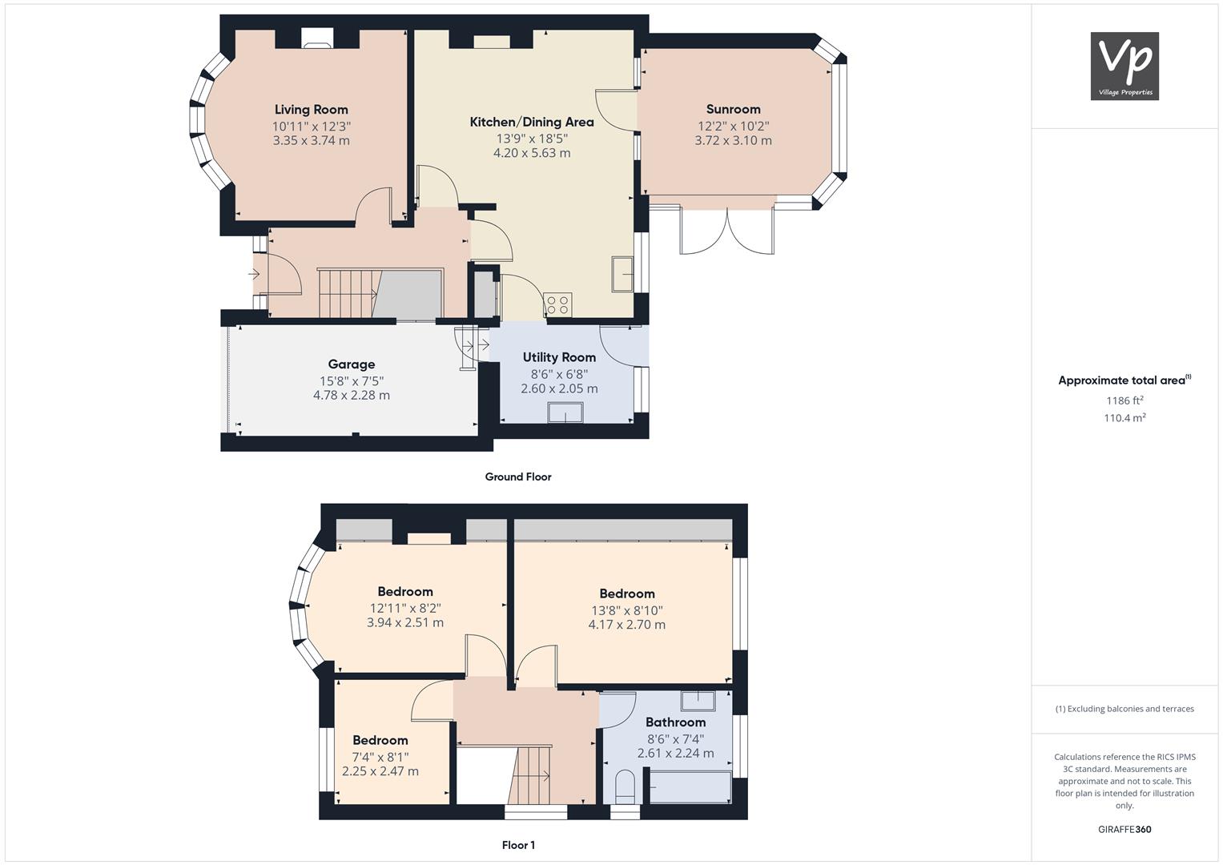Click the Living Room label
(312, 110)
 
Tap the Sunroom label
(734, 109)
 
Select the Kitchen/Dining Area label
(532, 122)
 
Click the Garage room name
(351, 364)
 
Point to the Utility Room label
(559, 357)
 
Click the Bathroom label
(675, 722)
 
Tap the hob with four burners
(557, 304)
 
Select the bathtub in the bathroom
(690, 787)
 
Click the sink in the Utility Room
(565, 412)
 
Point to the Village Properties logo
(1124, 66)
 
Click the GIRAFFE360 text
(1124, 829)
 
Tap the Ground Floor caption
(518, 477)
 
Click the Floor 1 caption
(518, 845)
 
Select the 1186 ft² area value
(1124, 400)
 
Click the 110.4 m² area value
(1124, 418)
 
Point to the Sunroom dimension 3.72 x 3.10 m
(734, 140)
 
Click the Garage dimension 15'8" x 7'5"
(352, 380)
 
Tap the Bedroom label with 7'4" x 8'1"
(380, 740)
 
